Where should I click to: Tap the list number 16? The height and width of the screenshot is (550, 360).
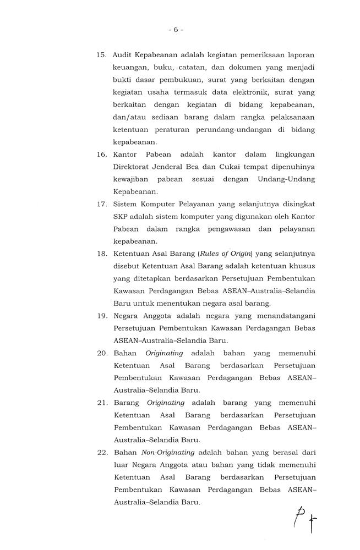pos(101,154)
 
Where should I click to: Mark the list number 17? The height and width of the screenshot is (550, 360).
pos(101,204)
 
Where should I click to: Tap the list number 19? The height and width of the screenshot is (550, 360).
pos(101,316)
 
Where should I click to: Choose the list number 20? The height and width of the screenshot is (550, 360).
pos(101,353)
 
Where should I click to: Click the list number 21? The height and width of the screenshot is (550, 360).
pos(101,403)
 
